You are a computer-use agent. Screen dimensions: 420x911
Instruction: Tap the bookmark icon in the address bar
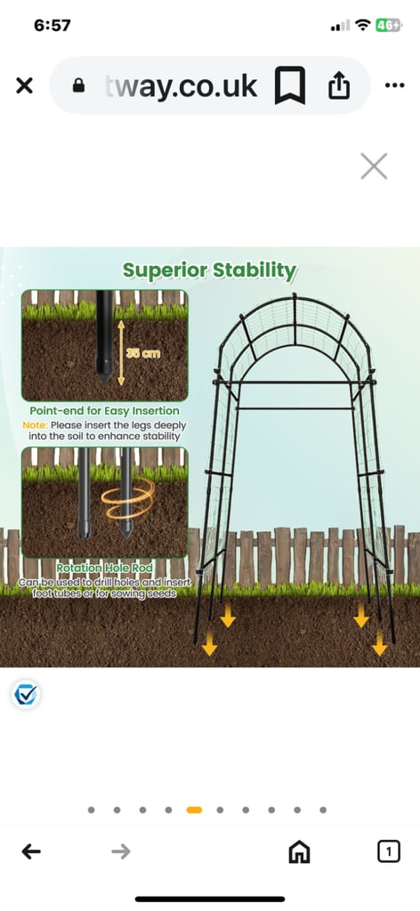pyautogui.click(x=289, y=85)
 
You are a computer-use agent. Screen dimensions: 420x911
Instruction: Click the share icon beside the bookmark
pyautogui.click(x=339, y=86)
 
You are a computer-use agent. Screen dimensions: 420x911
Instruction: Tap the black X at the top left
pyautogui.click(x=24, y=86)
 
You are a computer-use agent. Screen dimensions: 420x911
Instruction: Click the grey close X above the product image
pyautogui.click(x=374, y=166)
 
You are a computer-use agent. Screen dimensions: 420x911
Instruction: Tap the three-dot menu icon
pyautogui.click(x=394, y=86)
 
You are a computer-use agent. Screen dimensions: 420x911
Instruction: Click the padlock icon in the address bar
pyautogui.click(x=78, y=86)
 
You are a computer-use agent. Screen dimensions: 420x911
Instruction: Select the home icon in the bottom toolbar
pyautogui.click(x=299, y=851)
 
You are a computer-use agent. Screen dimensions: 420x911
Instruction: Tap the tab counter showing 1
pyautogui.click(x=389, y=851)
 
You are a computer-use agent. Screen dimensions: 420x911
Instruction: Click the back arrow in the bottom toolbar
pyautogui.click(x=31, y=851)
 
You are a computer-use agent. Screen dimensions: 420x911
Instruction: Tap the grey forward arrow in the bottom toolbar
pyautogui.click(x=121, y=851)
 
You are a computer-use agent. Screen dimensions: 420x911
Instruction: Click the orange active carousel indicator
pyautogui.click(x=194, y=810)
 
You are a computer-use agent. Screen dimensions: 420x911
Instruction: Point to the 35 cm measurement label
pyautogui.click(x=143, y=353)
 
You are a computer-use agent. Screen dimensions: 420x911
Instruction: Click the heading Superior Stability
pyautogui.click(x=210, y=270)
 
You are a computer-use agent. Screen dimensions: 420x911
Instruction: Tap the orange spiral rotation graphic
pyautogui.click(x=128, y=498)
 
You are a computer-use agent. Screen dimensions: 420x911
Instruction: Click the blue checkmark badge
pyautogui.click(x=26, y=694)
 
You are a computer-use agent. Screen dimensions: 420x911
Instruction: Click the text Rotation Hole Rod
pyautogui.click(x=105, y=568)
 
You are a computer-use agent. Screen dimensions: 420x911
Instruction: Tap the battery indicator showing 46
pyautogui.click(x=388, y=25)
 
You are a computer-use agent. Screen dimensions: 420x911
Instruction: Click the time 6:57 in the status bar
pyautogui.click(x=52, y=26)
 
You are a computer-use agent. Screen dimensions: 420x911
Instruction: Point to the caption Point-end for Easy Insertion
pyautogui.click(x=105, y=411)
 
